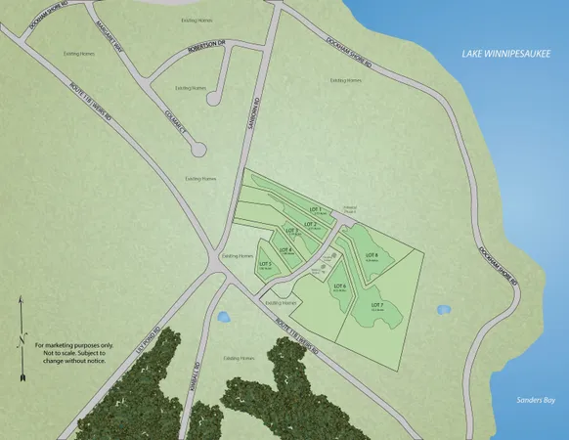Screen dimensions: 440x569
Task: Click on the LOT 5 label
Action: pos(265,264)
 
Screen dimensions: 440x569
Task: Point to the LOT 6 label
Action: pos(340,286)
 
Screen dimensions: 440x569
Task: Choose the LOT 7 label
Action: pos(375,305)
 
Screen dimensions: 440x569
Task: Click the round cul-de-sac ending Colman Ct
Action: pos(198,149)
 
